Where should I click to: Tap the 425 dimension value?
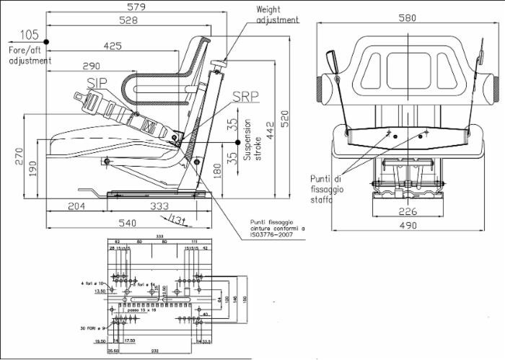point(113,46)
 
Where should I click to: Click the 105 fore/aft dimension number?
point(30,35)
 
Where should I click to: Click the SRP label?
point(225,96)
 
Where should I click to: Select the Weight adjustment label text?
point(277,15)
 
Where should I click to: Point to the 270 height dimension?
point(19,157)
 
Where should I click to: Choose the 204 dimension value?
point(76,206)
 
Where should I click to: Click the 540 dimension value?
point(128,223)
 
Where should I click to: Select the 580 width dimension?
point(408,18)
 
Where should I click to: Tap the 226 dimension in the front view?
point(408,211)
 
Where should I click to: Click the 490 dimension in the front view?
point(408,226)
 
